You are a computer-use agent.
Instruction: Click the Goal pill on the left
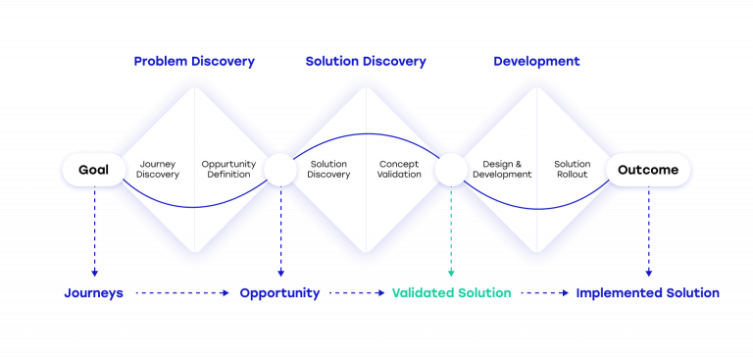[94, 170]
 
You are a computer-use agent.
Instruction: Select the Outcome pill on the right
[648, 170]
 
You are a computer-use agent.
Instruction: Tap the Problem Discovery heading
[194, 61]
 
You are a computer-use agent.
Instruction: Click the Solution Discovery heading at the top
[366, 61]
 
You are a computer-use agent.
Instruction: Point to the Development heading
[536, 61]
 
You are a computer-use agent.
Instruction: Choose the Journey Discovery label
[158, 170]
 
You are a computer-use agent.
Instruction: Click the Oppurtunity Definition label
[228, 170]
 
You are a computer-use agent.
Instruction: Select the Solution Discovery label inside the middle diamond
[328, 170]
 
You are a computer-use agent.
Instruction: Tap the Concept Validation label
[400, 170]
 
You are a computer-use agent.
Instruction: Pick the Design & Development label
[502, 170]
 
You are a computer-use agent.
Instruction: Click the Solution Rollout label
[573, 170]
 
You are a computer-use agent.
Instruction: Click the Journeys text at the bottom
[94, 293]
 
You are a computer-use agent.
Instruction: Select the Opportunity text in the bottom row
[279, 293]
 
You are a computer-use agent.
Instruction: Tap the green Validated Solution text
[451, 293]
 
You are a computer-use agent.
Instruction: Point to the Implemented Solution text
[647, 293]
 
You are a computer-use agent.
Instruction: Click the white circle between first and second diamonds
[280, 170]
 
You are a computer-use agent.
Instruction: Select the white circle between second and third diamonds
[451, 170]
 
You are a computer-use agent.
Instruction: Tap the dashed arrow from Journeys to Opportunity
[181, 293]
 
